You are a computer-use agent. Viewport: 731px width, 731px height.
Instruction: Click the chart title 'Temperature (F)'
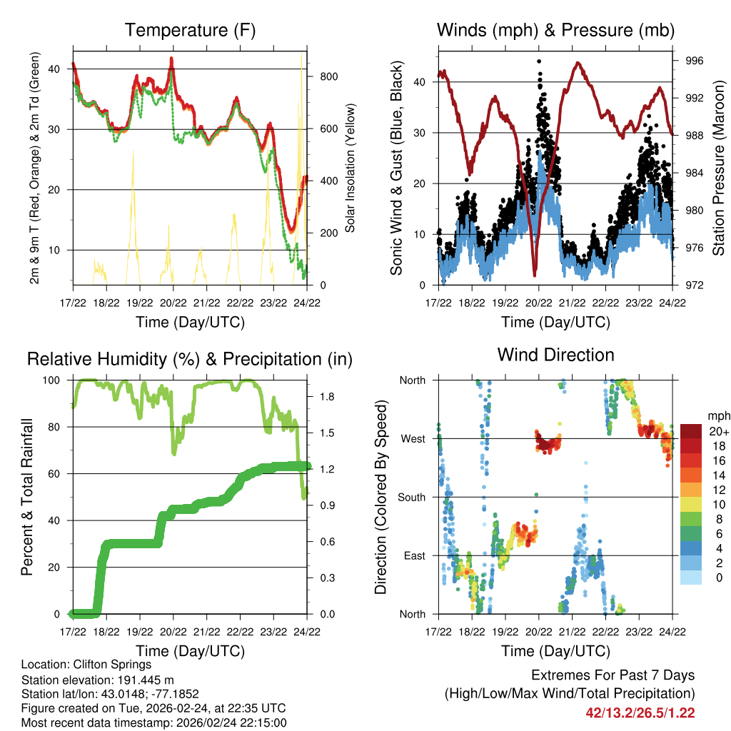[x=190, y=30]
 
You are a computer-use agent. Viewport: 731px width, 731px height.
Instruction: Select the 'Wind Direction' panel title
[x=555, y=355]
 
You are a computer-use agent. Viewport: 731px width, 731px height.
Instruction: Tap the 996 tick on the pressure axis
[x=695, y=61]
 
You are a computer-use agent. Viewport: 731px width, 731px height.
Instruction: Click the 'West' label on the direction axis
[x=413, y=438]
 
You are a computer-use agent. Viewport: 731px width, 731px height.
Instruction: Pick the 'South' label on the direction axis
[x=411, y=497]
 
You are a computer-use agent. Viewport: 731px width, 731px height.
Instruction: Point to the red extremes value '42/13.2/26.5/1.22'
[x=640, y=712]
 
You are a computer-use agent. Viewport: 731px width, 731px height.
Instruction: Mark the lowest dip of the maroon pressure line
[x=534, y=274]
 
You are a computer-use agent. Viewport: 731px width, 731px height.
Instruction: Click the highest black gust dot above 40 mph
[x=539, y=62]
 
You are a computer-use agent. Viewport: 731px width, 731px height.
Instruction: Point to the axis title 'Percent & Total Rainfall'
[x=27, y=497]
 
